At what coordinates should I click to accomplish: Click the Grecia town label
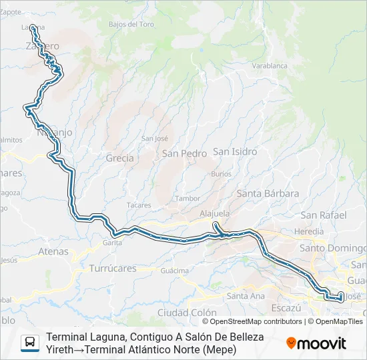point(119,159)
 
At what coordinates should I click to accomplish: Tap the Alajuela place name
point(215,214)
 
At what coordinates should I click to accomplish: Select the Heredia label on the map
point(309,231)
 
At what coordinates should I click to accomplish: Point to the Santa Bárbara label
point(268,193)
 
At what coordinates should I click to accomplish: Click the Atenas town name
point(53,251)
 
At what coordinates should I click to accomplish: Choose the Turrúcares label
point(112,269)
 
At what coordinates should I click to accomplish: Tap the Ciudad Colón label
point(187,312)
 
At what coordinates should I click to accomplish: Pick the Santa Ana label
point(246,296)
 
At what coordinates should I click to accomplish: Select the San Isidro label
point(235,151)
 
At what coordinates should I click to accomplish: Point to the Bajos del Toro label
point(131,24)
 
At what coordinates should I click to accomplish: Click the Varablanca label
point(270,66)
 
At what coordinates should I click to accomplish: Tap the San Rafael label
point(324,215)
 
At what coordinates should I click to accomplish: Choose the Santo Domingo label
point(332,248)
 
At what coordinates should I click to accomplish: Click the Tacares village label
point(139,205)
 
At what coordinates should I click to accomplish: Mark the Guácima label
point(175,271)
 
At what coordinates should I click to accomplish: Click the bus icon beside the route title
point(30,343)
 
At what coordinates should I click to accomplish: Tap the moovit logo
point(316,343)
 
